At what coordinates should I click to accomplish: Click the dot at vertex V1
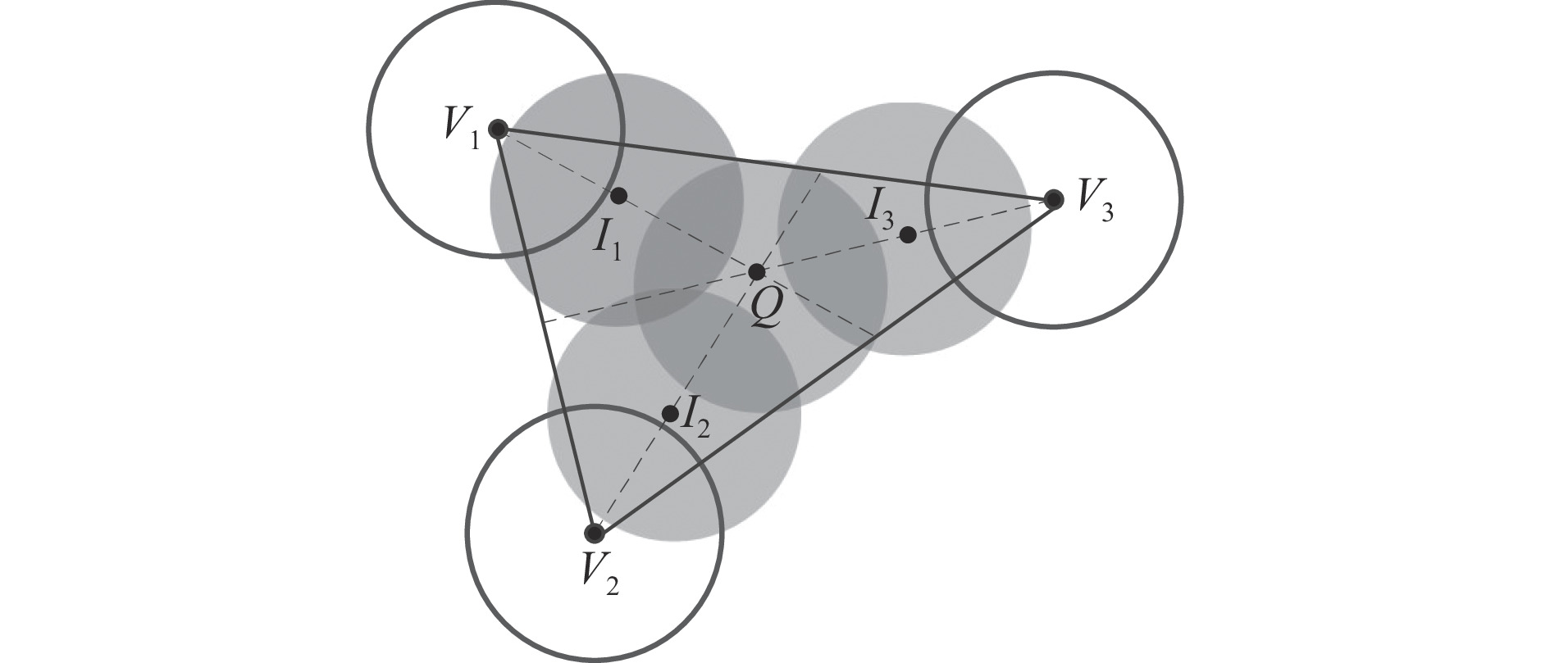pyautogui.click(x=497, y=129)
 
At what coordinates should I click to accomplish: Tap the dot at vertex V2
pyautogui.click(x=594, y=534)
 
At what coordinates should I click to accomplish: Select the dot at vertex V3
pyautogui.click(x=1054, y=198)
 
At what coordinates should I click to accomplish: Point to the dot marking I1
pyautogui.click(x=619, y=196)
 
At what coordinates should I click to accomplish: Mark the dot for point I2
pyautogui.click(x=670, y=414)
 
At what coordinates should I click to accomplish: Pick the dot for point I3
pyautogui.click(x=908, y=235)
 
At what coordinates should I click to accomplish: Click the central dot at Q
pyautogui.click(x=757, y=272)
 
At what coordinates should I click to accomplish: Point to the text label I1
pyautogui.click(x=608, y=240)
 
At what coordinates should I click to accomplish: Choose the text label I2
pyautogui.click(x=696, y=416)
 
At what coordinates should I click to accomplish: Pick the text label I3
pyautogui.click(x=882, y=210)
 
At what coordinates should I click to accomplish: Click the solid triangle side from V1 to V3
pyautogui.click(x=775, y=164)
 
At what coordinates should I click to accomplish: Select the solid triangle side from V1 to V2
pyautogui.click(x=545, y=331)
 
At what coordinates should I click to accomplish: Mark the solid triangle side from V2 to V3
pyautogui.click(x=823, y=366)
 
